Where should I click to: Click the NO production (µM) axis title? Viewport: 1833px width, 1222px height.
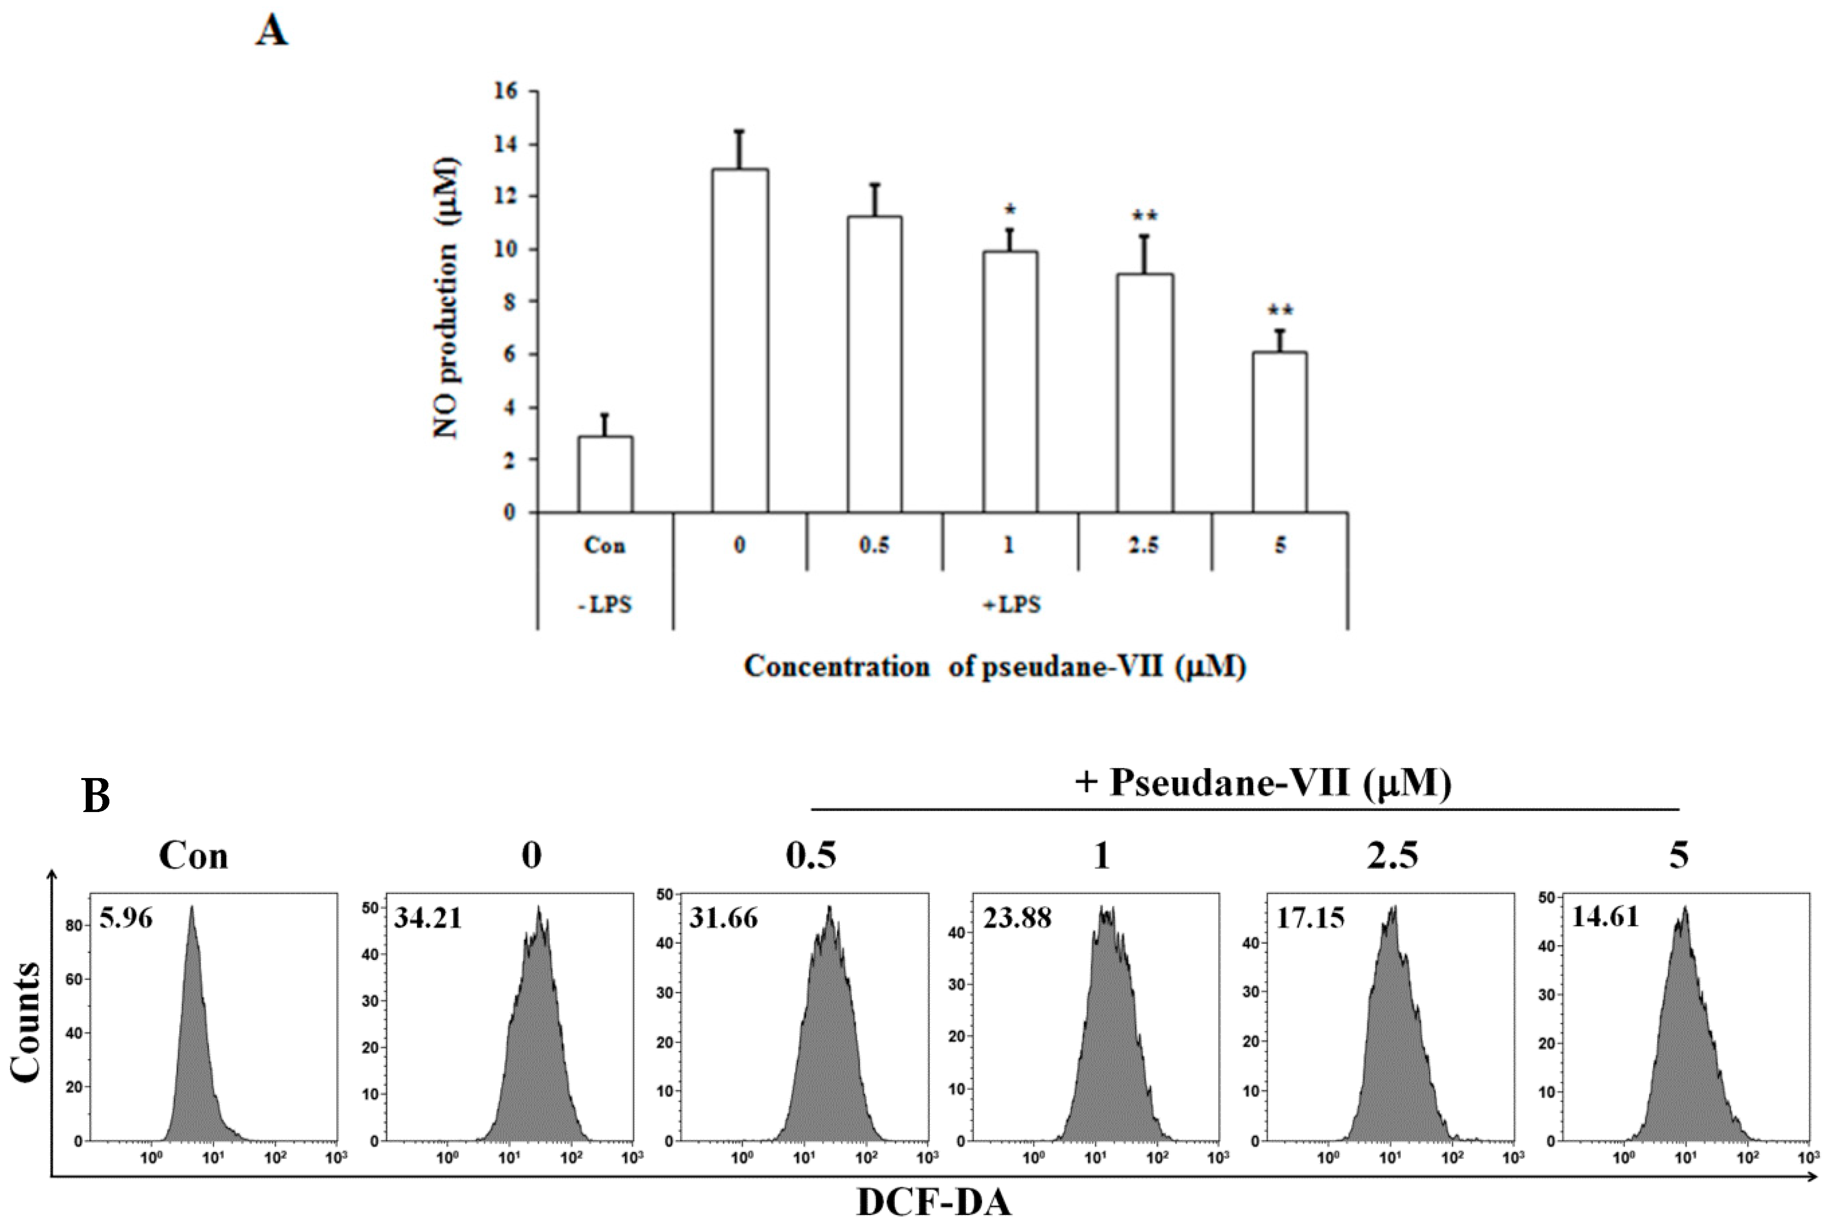(446, 300)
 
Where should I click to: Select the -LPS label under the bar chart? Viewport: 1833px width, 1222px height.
(605, 604)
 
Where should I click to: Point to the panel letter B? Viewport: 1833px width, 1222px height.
(96, 796)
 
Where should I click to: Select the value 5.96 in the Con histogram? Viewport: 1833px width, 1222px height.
(126, 918)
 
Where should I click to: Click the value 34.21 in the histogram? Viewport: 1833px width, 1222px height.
(427, 918)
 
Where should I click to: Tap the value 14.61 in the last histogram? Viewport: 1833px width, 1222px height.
(1605, 916)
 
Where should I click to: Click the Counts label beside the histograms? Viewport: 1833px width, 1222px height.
(26, 1022)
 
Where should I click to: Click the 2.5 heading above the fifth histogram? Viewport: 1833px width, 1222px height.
(1392, 856)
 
